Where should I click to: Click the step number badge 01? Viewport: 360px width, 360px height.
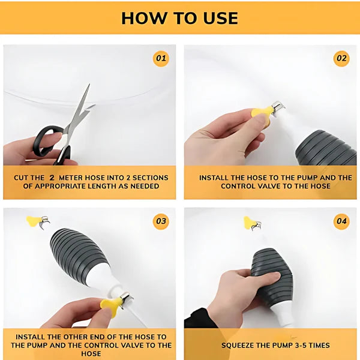161,59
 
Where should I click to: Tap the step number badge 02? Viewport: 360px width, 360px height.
341,59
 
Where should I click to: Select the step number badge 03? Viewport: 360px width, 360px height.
161,221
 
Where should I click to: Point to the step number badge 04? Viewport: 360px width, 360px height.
341,221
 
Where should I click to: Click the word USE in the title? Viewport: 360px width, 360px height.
220,19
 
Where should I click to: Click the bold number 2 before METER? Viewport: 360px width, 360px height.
52,178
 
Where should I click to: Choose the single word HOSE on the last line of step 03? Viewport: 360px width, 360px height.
91,353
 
